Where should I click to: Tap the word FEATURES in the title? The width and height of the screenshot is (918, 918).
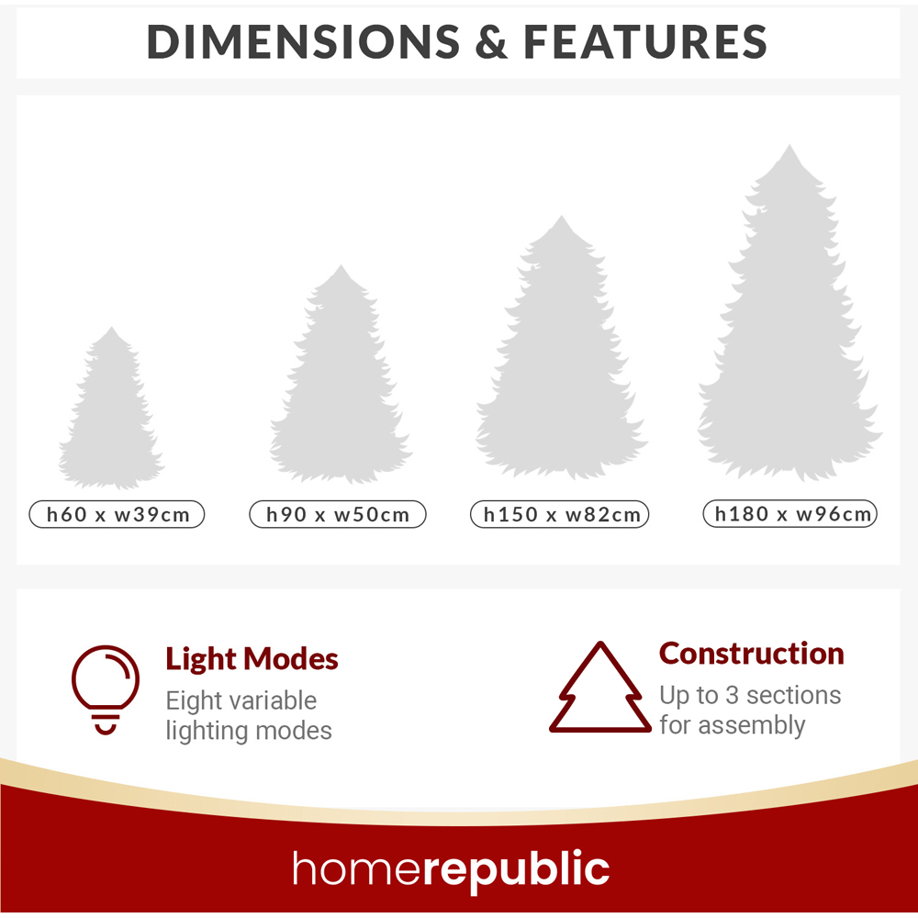coord(645,42)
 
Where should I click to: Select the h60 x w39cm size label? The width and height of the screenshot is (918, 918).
coord(118,514)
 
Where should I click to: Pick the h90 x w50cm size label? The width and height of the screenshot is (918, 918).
coord(338,514)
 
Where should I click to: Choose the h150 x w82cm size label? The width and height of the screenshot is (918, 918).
coord(561,514)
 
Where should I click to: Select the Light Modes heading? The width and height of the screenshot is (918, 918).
coord(252,659)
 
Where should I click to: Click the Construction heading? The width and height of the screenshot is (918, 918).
coord(752,654)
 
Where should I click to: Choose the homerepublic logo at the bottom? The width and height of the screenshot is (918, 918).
coord(451,869)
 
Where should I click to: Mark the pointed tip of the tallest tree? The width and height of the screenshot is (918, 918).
coord(788,146)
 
